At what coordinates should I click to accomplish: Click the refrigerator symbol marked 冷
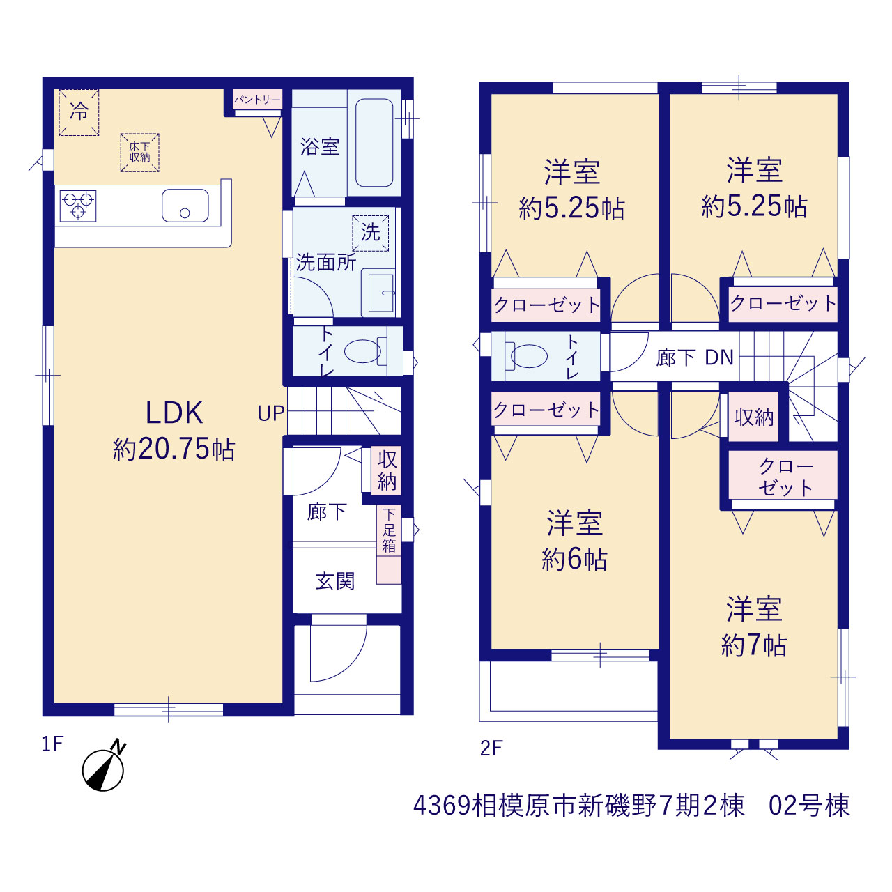click(x=79, y=112)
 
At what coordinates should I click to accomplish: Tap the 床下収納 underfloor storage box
click(x=140, y=153)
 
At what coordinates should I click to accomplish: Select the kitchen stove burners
click(x=78, y=206)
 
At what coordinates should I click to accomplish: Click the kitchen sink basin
click(x=185, y=206)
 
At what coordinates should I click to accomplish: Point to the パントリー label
click(x=257, y=100)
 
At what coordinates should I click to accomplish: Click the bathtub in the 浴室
click(x=374, y=143)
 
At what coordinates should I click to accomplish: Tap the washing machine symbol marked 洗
click(x=370, y=233)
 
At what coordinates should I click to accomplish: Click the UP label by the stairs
click(x=271, y=413)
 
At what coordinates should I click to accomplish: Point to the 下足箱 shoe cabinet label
click(x=389, y=530)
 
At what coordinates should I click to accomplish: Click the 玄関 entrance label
click(x=335, y=581)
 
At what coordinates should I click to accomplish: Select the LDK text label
click(x=174, y=413)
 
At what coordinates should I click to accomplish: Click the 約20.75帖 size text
click(x=174, y=449)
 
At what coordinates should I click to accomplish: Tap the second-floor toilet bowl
click(x=527, y=356)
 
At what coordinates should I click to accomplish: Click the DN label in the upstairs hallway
click(x=719, y=357)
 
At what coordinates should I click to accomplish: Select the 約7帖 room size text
click(x=754, y=645)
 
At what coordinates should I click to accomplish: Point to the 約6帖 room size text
click(x=574, y=559)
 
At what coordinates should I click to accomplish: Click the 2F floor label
click(x=491, y=748)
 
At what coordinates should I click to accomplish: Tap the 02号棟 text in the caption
click(x=809, y=818)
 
